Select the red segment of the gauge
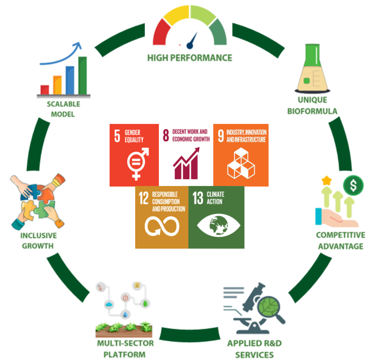coord(161,32)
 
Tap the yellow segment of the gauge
coord(177,15)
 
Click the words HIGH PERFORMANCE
coord(190,58)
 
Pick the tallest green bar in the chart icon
coord(83,75)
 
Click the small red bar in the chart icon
coord(45,90)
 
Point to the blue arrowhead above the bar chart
coord(77,45)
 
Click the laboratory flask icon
coord(313,69)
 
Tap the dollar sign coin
coord(353,185)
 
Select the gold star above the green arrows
coord(327,180)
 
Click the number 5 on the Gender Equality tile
coord(117,136)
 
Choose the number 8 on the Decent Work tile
coord(166,136)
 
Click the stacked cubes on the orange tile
coord(241,163)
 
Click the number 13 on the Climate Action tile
coord(198,198)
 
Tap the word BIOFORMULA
coord(312,111)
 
